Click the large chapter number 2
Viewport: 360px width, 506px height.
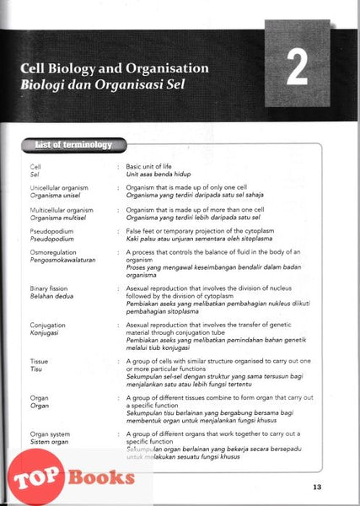tap(296, 69)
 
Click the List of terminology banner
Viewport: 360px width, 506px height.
tap(75, 145)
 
